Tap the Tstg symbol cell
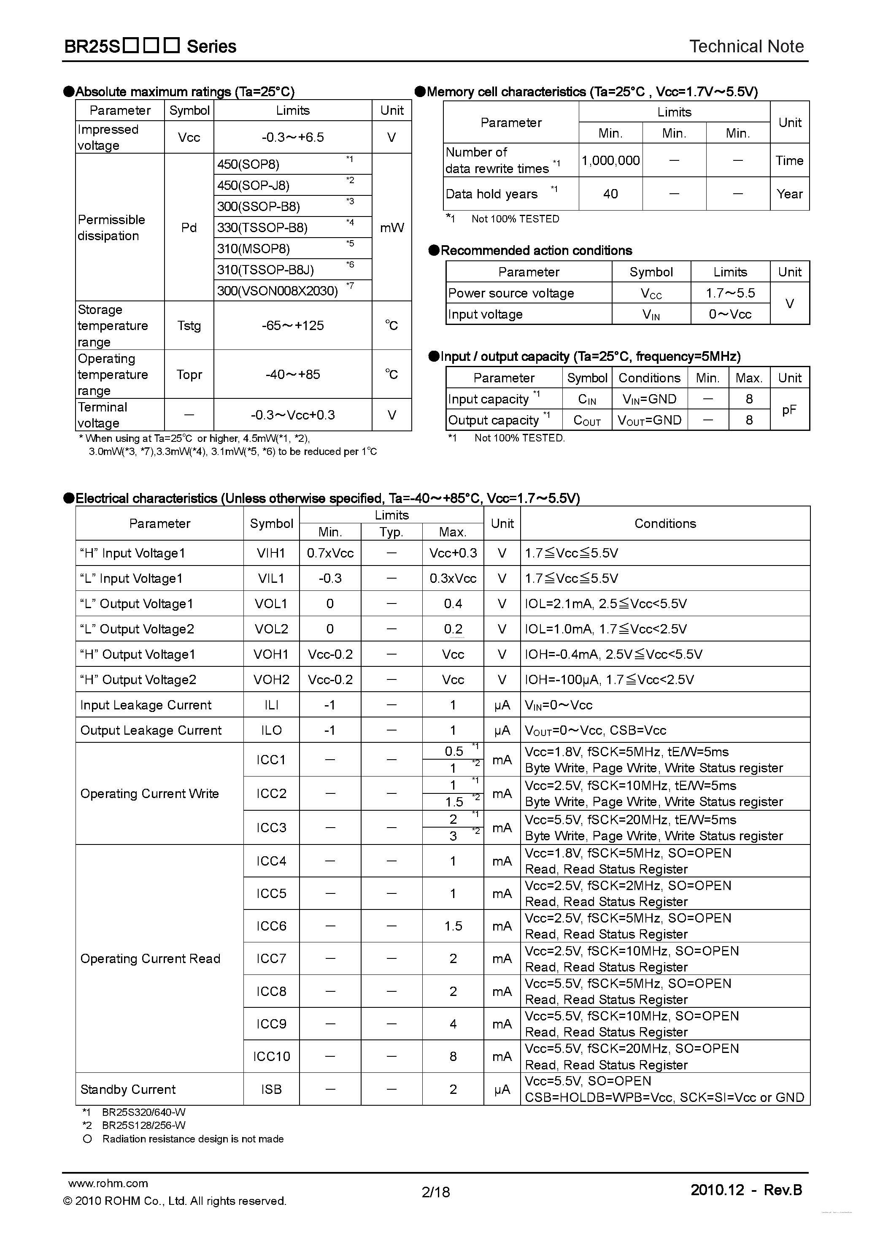(x=189, y=326)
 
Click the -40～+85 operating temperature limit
(x=292, y=375)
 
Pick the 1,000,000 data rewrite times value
(x=610, y=160)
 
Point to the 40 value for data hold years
(x=610, y=194)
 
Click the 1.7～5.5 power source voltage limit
(x=730, y=293)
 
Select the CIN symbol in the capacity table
(x=587, y=399)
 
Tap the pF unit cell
(x=789, y=410)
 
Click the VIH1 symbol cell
(x=271, y=553)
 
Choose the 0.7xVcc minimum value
(x=330, y=553)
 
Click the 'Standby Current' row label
(x=128, y=1089)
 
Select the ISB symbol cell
(x=271, y=1089)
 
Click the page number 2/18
(x=436, y=1192)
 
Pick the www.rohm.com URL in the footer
(x=108, y=1183)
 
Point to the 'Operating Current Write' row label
(x=149, y=794)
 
